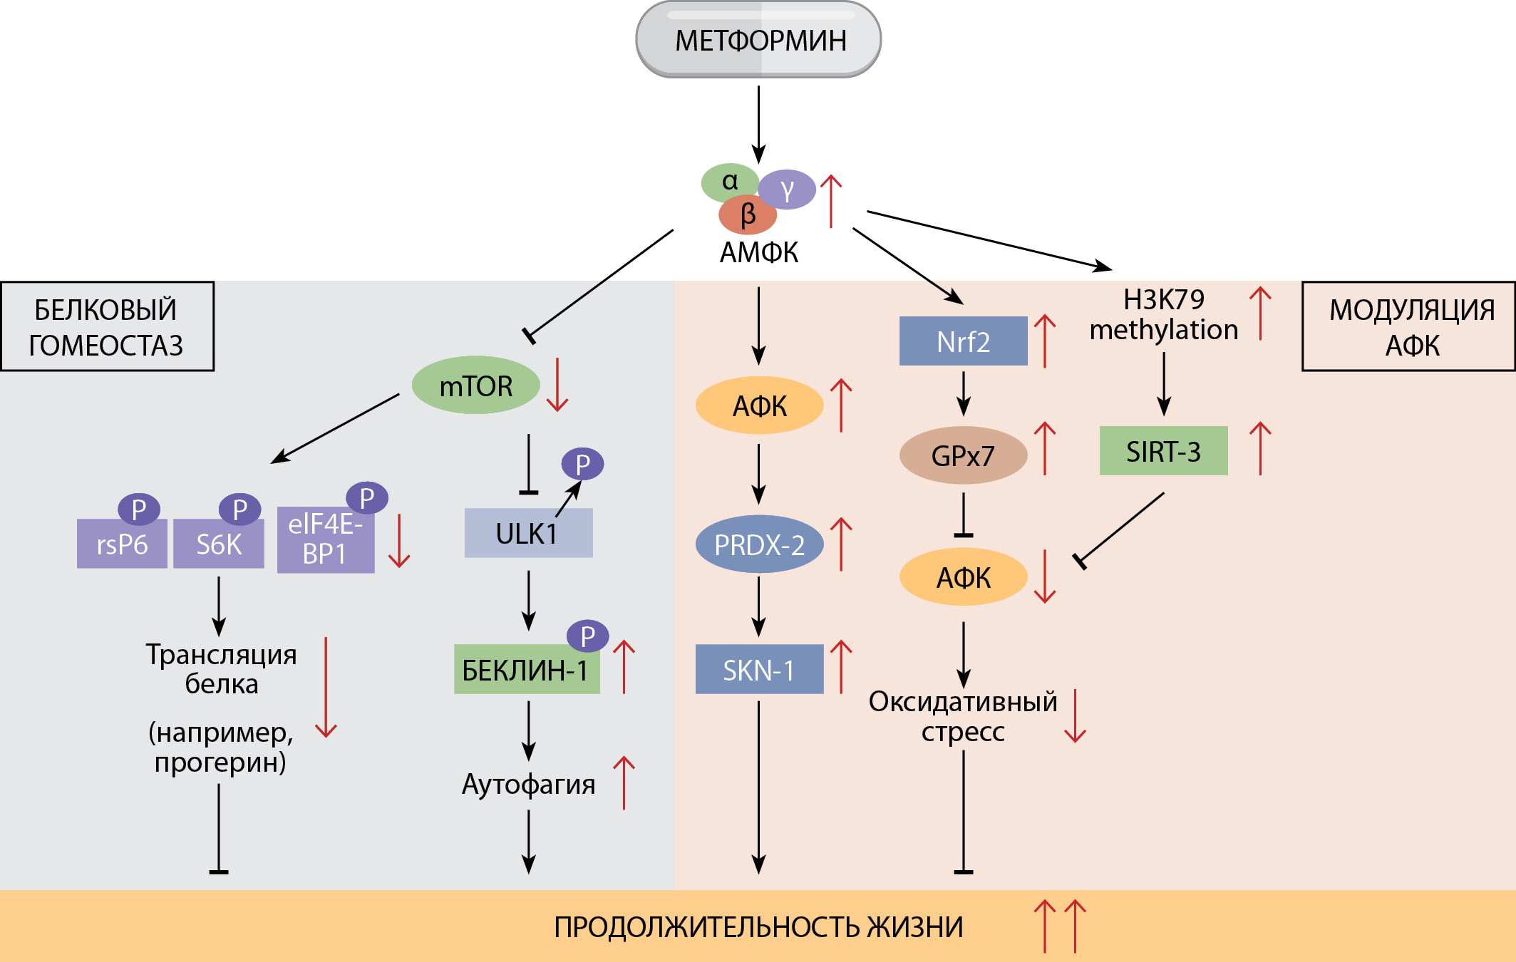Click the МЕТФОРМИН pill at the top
tap(758, 40)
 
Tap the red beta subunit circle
tap(747, 215)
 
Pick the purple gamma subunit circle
tap(788, 190)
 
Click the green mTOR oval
tap(475, 386)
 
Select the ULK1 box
tap(527, 533)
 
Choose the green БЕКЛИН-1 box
tap(526, 670)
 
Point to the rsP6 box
tap(122, 544)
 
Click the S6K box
tap(218, 544)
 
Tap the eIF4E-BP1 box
tap(325, 540)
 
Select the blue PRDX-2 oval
tap(759, 544)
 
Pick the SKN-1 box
tap(759, 670)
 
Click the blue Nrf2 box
tap(963, 341)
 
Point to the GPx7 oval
tap(963, 455)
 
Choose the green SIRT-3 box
tap(1163, 451)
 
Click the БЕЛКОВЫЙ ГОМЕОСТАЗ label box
tap(107, 326)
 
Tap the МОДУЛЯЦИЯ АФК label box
tap(1408, 326)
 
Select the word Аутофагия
tap(528, 784)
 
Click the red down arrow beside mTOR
tap(557, 385)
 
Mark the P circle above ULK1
tap(582, 465)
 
